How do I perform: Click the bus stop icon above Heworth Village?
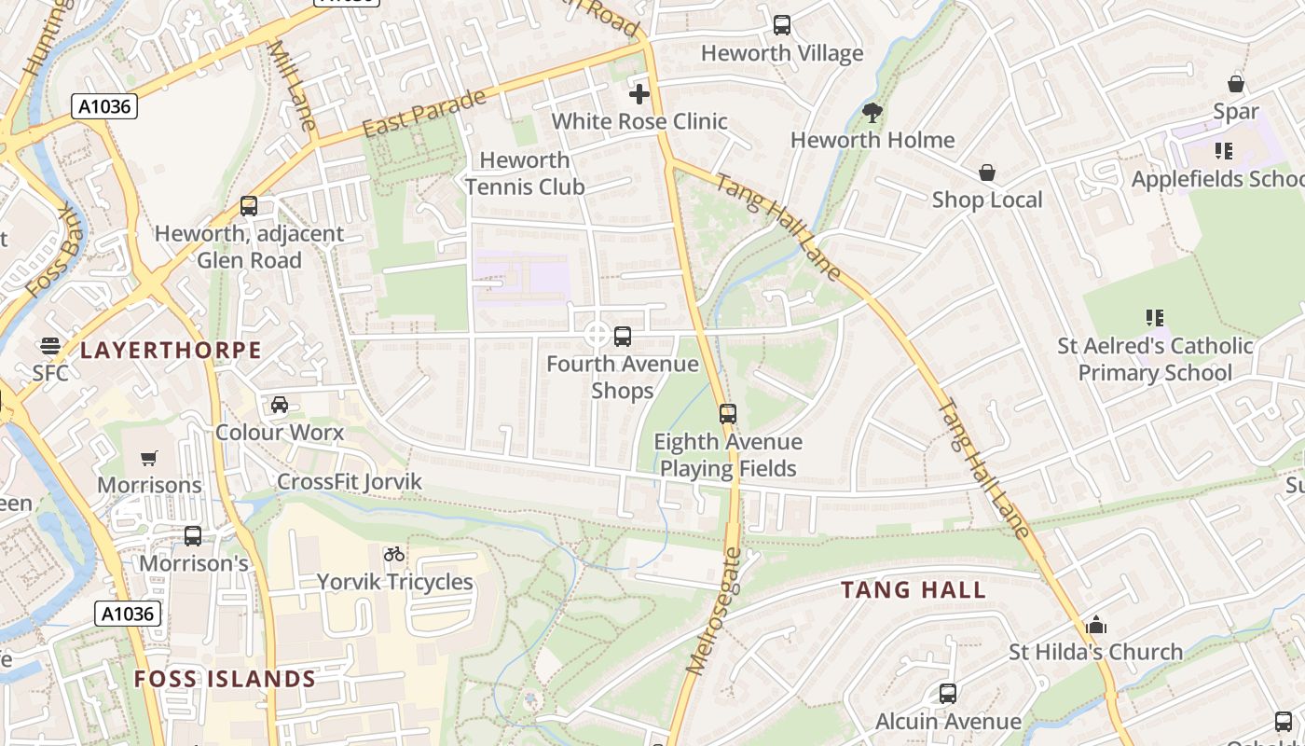click(x=782, y=25)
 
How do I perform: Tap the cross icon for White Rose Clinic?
click(x=639, y=93)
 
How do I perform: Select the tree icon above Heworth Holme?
click(x=872, y=113)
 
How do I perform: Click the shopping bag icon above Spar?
click(x=1236, y=84)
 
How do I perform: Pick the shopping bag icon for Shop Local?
click(x=987, y=173)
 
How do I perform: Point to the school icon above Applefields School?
click(x=1224, y=151)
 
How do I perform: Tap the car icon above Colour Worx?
click(x=279, y=405)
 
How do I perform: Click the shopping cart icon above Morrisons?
click(x=149, y=458)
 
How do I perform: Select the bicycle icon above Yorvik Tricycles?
click(x=394, y=554)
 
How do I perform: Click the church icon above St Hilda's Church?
click(x=1096, y=624)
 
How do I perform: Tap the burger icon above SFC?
click(x=50, y=346)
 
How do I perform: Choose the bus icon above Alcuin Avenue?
click(x=948, y=694)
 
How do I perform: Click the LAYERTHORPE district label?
click(x=171, y=351)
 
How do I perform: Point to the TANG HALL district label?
click(x=913, y=589)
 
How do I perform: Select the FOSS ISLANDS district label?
click(x=225, y=679)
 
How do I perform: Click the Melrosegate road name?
click(x=713, y=611)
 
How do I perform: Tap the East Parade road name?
click(x=424, y=113)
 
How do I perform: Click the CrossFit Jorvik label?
click(x=350, y=482)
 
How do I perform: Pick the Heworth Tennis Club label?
click(x=525, y=173)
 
